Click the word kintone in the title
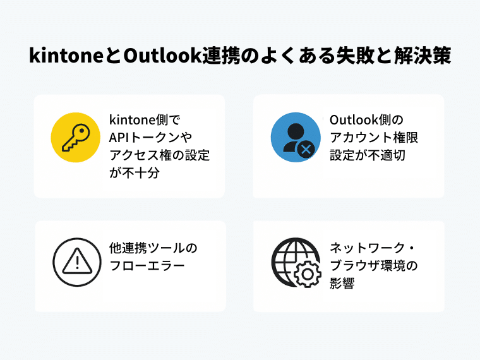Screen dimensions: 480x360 [66, 56]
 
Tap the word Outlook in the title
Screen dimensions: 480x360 [162, 56]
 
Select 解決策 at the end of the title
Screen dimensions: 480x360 [423, 56]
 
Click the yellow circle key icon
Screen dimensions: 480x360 [76, 138]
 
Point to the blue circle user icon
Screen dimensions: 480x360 [296, 137]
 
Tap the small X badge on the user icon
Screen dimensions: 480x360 [306, 150]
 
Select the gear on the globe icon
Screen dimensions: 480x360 [308, 273]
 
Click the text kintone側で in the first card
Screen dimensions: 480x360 [145, 120]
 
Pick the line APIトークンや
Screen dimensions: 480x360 [150, 138]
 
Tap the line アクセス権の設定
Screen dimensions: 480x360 [160, 155]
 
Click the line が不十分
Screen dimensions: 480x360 [135, 173]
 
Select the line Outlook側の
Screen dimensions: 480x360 [367, 120]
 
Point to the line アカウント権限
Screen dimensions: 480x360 [374, 138]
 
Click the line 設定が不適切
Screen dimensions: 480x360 [368, 155]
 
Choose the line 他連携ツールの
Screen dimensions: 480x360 [153, 248]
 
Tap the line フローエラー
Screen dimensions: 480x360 [147, 266]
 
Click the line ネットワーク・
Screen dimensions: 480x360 [372, 248]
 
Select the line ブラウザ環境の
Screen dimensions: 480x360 [374, 266]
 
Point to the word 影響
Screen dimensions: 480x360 [342, 284]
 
